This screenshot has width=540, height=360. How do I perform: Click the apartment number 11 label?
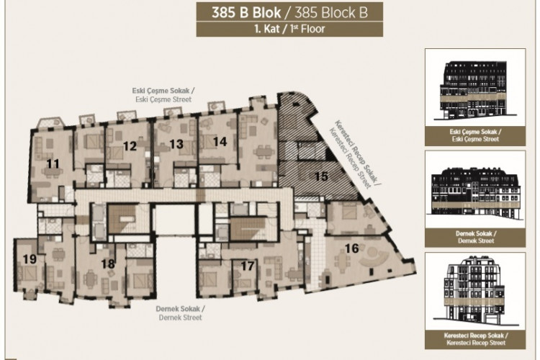(53, 164)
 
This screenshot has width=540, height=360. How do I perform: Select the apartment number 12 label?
(130, 146)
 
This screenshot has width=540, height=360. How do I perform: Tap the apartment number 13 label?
(176, 145)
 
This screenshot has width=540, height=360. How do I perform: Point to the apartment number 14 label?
(220, 142)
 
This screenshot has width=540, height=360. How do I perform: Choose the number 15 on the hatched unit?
(322, 175)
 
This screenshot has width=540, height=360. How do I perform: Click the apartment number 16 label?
(351, 248)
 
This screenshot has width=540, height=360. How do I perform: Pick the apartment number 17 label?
(248, 266)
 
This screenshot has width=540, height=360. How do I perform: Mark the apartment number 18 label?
(108, 264)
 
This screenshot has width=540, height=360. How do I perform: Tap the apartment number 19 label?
(30, 259)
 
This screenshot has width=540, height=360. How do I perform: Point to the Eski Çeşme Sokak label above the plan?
(163, 95)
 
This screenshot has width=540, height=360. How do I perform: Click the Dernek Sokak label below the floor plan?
(180, 312)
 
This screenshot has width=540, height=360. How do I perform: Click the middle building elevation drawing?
(473, 193)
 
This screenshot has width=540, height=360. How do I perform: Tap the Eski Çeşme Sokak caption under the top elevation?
(473, 135)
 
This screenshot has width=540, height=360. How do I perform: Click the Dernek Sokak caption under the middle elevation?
(473, 238)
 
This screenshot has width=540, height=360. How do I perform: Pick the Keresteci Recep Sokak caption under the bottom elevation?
(473, 339)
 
